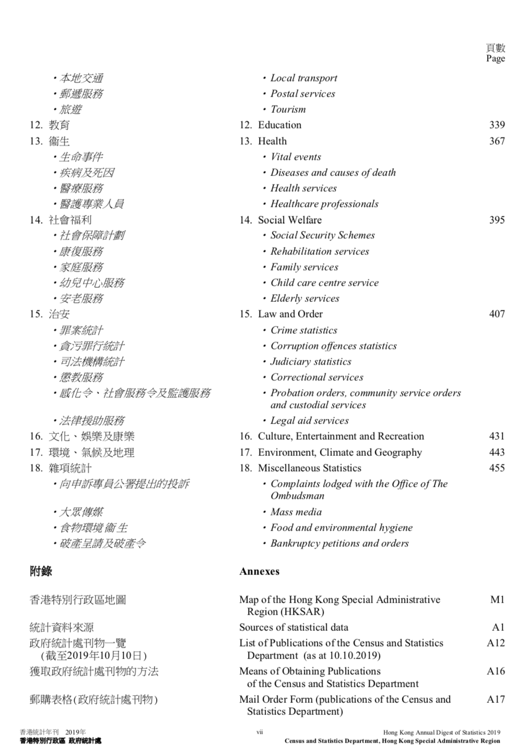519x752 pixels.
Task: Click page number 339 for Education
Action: [497, 125]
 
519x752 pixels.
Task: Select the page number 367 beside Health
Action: [497, 141]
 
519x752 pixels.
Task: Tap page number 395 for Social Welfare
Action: [497, 220]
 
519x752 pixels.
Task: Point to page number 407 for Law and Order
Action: [497, 314]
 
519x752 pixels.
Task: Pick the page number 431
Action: [497, 436]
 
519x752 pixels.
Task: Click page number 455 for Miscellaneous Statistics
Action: [497, 468]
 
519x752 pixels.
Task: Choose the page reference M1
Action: [497, 600]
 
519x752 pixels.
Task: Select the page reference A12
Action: [496, 643]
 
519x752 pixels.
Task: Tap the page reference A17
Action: [496, 699]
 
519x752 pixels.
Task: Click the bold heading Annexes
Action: [259, 571]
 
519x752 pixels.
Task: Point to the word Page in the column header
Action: [495, 58]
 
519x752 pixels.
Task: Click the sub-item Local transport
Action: [303, 78]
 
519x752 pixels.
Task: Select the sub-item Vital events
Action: [296, 157]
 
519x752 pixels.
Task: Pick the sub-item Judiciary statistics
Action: [311, 361]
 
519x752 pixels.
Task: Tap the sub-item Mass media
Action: [296, 512]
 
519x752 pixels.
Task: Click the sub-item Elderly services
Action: [304, 298]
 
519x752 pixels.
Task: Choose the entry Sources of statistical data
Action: [293, 627]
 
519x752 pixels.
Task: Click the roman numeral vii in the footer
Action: [259, 732]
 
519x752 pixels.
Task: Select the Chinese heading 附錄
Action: [41, 571]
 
